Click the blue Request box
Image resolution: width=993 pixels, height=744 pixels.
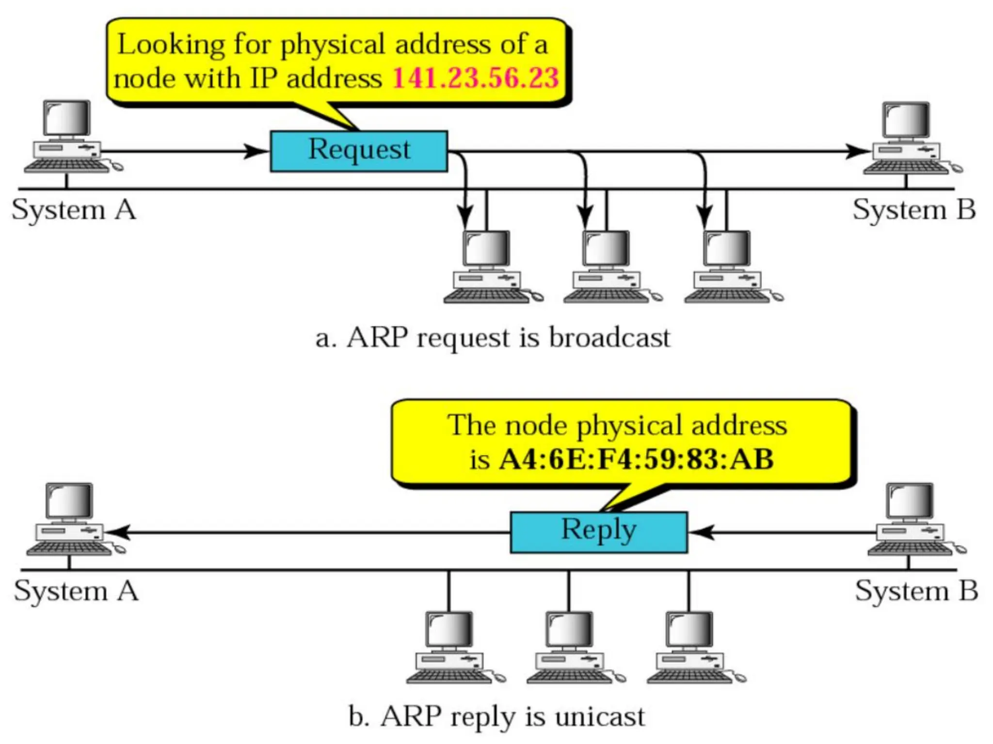[x=359, y=151]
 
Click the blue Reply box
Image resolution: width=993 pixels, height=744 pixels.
[x=599, y=532]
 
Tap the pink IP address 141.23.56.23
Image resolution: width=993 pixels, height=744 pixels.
[x=476, y=78]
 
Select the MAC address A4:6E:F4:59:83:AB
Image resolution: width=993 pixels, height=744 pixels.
[x=636, y=459]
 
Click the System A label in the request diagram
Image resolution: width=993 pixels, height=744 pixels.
[x=74, y=210]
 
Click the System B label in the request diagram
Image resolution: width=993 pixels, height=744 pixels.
[x=914, y=210]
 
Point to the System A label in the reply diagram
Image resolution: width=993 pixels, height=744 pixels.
[x=76, y=591]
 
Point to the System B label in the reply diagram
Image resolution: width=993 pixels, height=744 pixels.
[x=916, y=591]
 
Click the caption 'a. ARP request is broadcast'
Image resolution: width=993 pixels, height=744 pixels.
[x=493, y=338]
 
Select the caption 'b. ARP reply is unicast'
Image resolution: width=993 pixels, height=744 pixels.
[x=496, y=716]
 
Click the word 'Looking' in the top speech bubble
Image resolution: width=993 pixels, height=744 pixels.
[x=171, y=45]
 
